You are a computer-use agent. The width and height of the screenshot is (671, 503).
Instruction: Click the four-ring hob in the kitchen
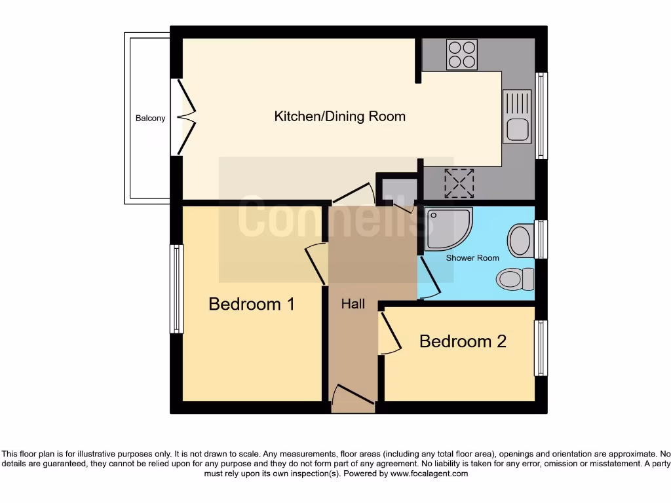(x=462, y=54)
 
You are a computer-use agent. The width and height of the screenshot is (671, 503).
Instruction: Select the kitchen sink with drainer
(x=517, y=117)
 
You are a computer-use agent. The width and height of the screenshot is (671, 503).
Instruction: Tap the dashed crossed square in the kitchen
(x=459, y=183)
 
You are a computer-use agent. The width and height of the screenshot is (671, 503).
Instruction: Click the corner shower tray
(x=447, y=229)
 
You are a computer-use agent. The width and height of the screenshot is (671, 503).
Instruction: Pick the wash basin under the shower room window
(x=520, y=240)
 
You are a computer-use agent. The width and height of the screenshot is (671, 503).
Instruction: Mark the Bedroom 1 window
(x=176, y=289)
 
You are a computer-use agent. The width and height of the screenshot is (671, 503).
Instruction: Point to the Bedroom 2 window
(x=541, y=348)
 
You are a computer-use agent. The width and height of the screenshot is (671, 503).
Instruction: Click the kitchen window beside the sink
(x=541, y=116)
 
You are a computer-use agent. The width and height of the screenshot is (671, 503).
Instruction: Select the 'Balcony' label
(x=150, y=119)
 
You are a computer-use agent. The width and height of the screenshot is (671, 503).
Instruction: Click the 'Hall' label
(x=353, y=305)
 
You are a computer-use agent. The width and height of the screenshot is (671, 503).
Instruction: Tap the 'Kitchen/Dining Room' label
(x=339, y=117)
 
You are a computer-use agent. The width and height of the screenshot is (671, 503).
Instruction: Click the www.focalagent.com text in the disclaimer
(x=429, y=474)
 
